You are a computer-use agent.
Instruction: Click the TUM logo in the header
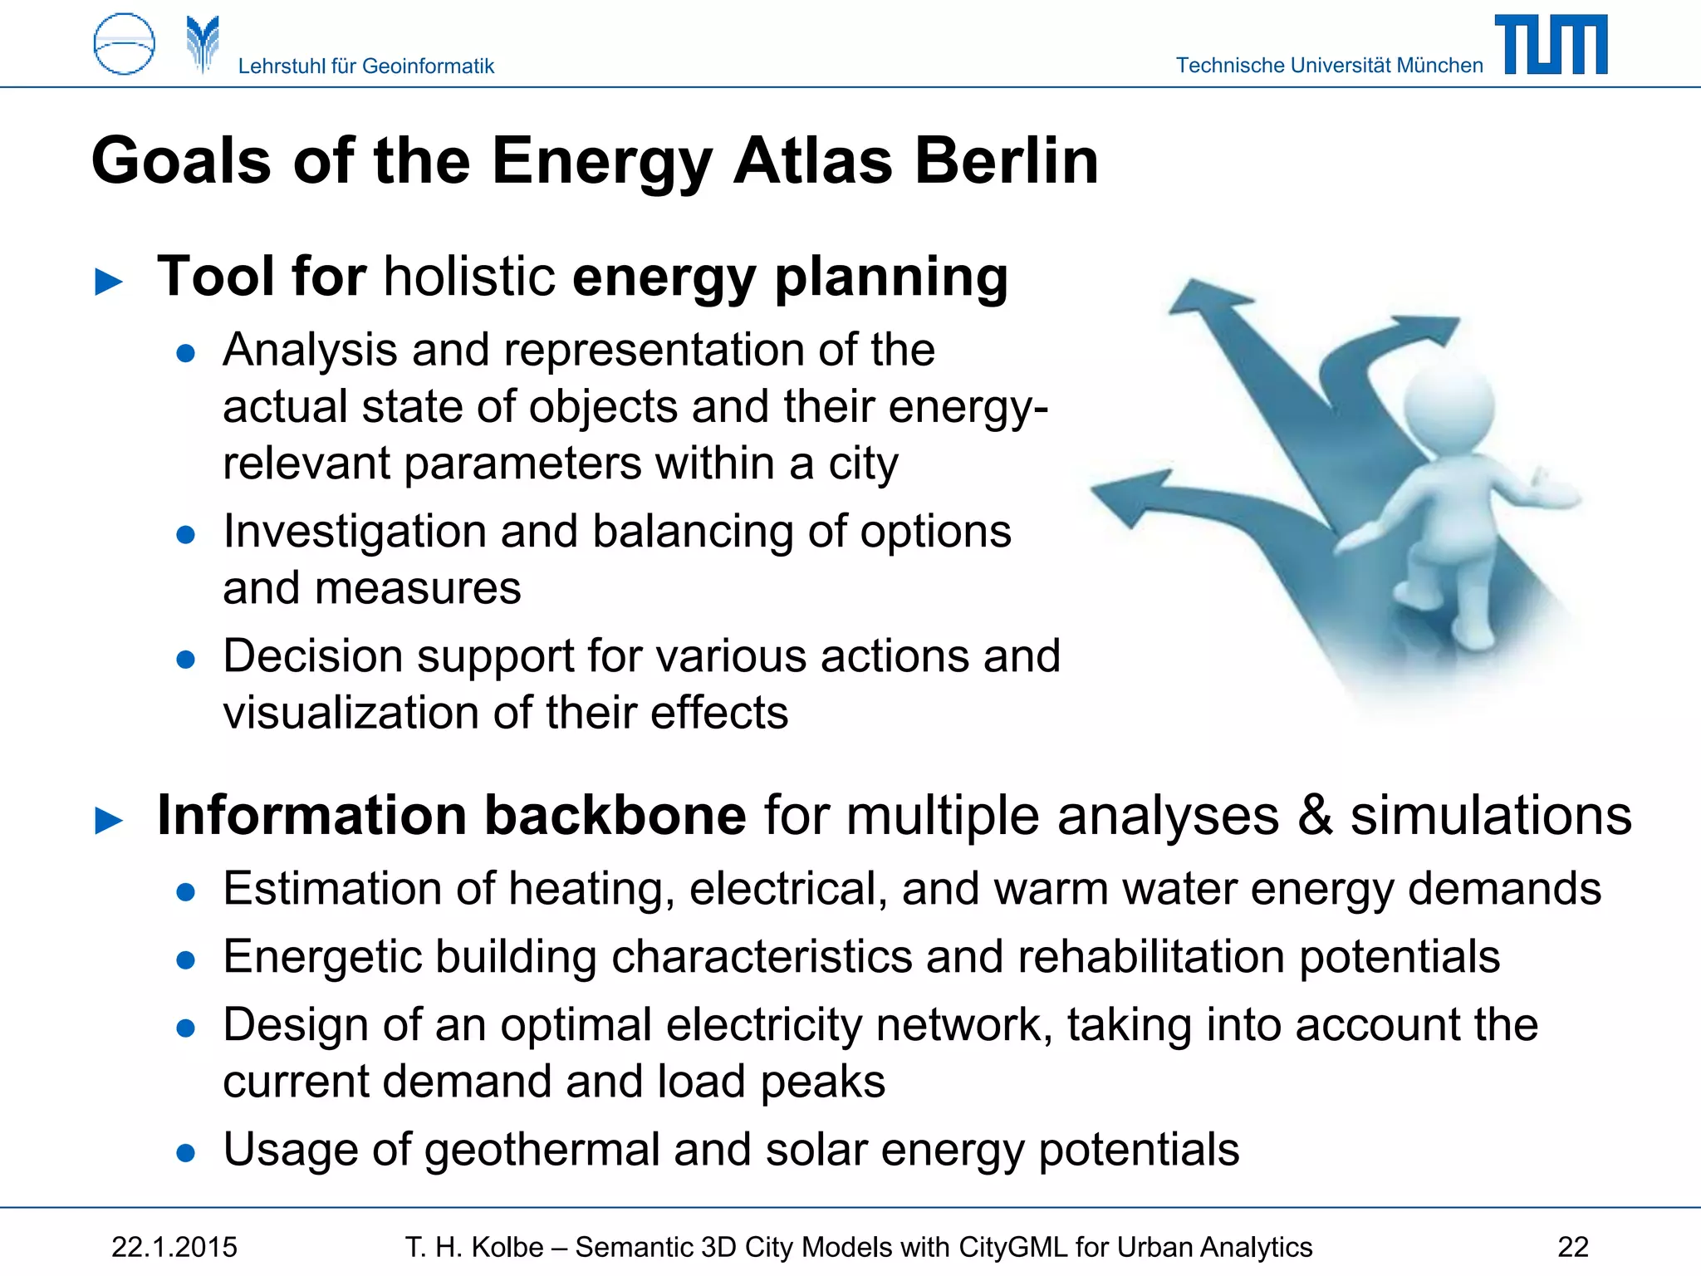[1551, 45]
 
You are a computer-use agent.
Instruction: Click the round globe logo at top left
[124, 44]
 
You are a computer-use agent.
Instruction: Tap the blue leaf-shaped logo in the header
[203, 44]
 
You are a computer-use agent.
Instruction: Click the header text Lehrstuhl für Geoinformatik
[365, 66]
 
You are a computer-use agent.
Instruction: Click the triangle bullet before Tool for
[110, 282]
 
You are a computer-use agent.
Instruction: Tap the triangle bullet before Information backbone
[110, 821]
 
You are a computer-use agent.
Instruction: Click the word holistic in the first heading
[469, 277]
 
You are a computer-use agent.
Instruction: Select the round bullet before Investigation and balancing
[186, 534]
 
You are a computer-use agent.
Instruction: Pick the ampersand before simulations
[1315, 815]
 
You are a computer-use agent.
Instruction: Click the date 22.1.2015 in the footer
[174, 1247]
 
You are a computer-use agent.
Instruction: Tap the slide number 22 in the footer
[1572, 1247]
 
